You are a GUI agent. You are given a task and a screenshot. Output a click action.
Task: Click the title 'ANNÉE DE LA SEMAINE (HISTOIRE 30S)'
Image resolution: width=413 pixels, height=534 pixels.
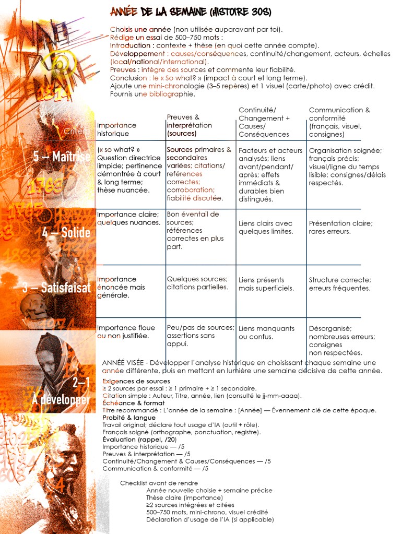[191, 11]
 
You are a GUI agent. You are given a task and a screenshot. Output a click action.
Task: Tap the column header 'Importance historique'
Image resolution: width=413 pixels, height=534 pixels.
[116, 129]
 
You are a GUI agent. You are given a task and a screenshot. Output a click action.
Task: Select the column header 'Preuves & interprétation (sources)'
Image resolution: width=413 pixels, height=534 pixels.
[189, 125]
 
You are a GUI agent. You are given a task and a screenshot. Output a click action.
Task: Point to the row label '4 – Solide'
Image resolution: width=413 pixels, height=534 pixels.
[66, 232]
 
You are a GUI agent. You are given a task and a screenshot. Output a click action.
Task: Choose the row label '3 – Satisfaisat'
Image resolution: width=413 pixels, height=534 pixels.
[57, 287]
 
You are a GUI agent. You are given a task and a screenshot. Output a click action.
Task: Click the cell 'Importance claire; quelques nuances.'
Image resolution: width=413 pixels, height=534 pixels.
[128, 218]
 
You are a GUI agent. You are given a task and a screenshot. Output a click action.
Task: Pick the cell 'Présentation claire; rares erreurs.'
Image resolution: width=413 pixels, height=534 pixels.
[340, 227]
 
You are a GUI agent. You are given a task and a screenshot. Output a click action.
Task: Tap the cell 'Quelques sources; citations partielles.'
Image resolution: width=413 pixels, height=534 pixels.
[197, 283]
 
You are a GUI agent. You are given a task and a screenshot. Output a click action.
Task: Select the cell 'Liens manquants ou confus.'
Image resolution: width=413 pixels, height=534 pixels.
[266, 333]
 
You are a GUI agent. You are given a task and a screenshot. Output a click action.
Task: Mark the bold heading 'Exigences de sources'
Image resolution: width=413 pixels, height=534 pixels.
[136, 381]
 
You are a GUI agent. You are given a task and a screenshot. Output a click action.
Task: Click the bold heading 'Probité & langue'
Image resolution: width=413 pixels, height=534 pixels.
[128, 418]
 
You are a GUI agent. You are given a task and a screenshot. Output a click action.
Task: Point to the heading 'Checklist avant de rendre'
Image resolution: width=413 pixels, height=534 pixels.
[159, 483]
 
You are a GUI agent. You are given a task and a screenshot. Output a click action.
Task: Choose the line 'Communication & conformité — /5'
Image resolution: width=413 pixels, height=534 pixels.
[156, 468]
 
